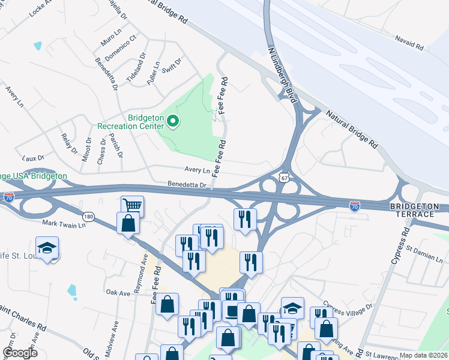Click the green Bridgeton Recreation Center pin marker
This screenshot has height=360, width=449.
(x=173, y=122)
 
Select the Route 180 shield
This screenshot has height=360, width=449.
(x=89, y=216)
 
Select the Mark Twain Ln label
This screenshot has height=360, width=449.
(x=64, y=224)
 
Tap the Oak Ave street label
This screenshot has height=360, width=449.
(x=118, y=293)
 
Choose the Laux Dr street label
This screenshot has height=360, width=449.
(x=34, y=158)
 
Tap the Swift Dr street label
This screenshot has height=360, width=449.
(x=172, y=67)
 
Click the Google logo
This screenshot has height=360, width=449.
(x=20, y=353)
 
